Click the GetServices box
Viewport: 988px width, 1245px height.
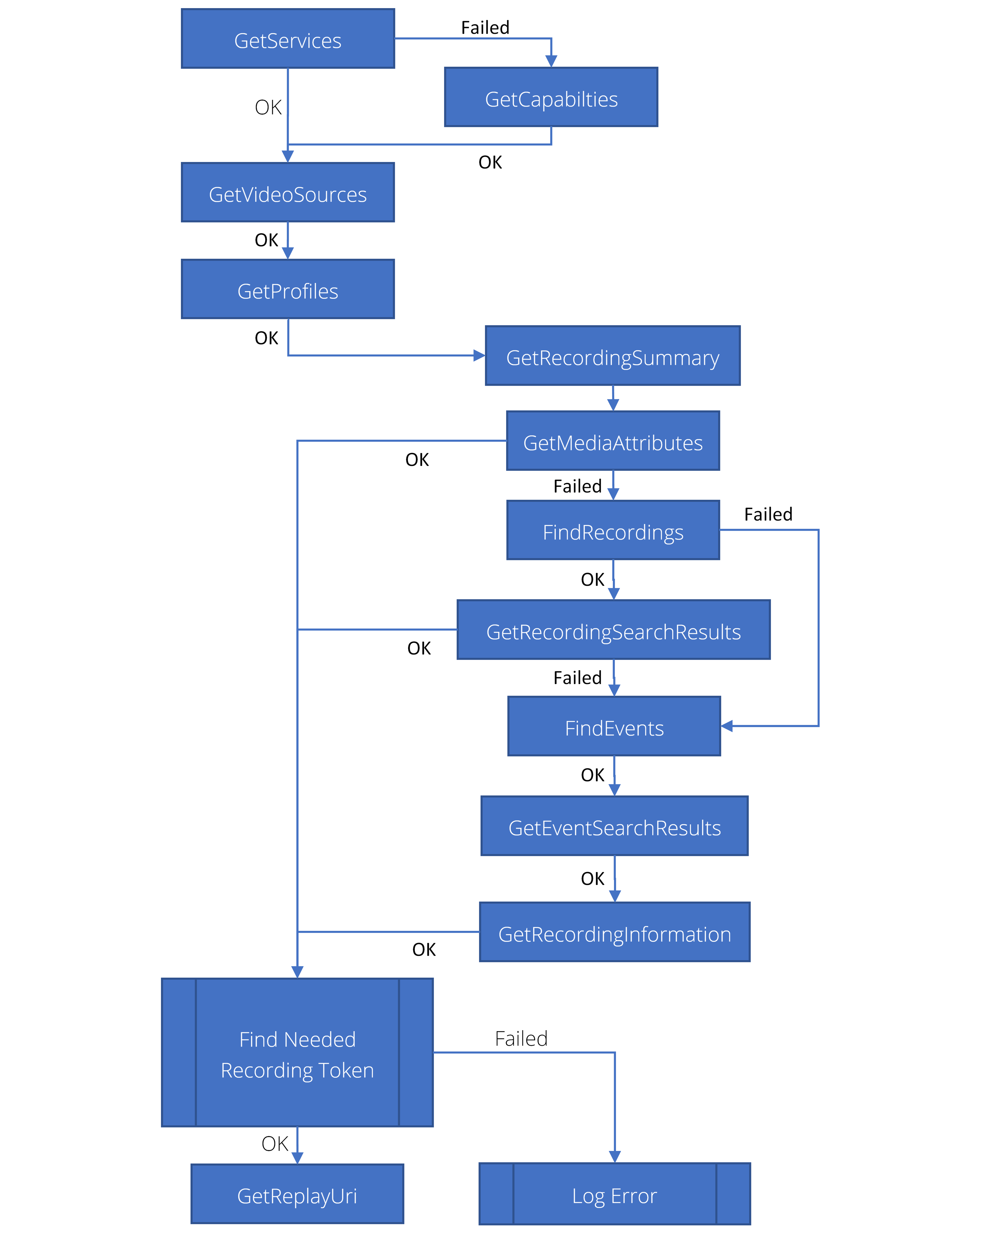[x=288, y=39]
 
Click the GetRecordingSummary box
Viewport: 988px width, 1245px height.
[x=613, y=356]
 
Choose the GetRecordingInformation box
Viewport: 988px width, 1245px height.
[x=615, y=933]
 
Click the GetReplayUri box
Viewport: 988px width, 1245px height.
[x=297, y=1194]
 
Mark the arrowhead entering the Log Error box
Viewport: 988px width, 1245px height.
[x=615, y=1157]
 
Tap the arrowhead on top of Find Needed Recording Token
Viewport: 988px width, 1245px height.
[x=297, y=972]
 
